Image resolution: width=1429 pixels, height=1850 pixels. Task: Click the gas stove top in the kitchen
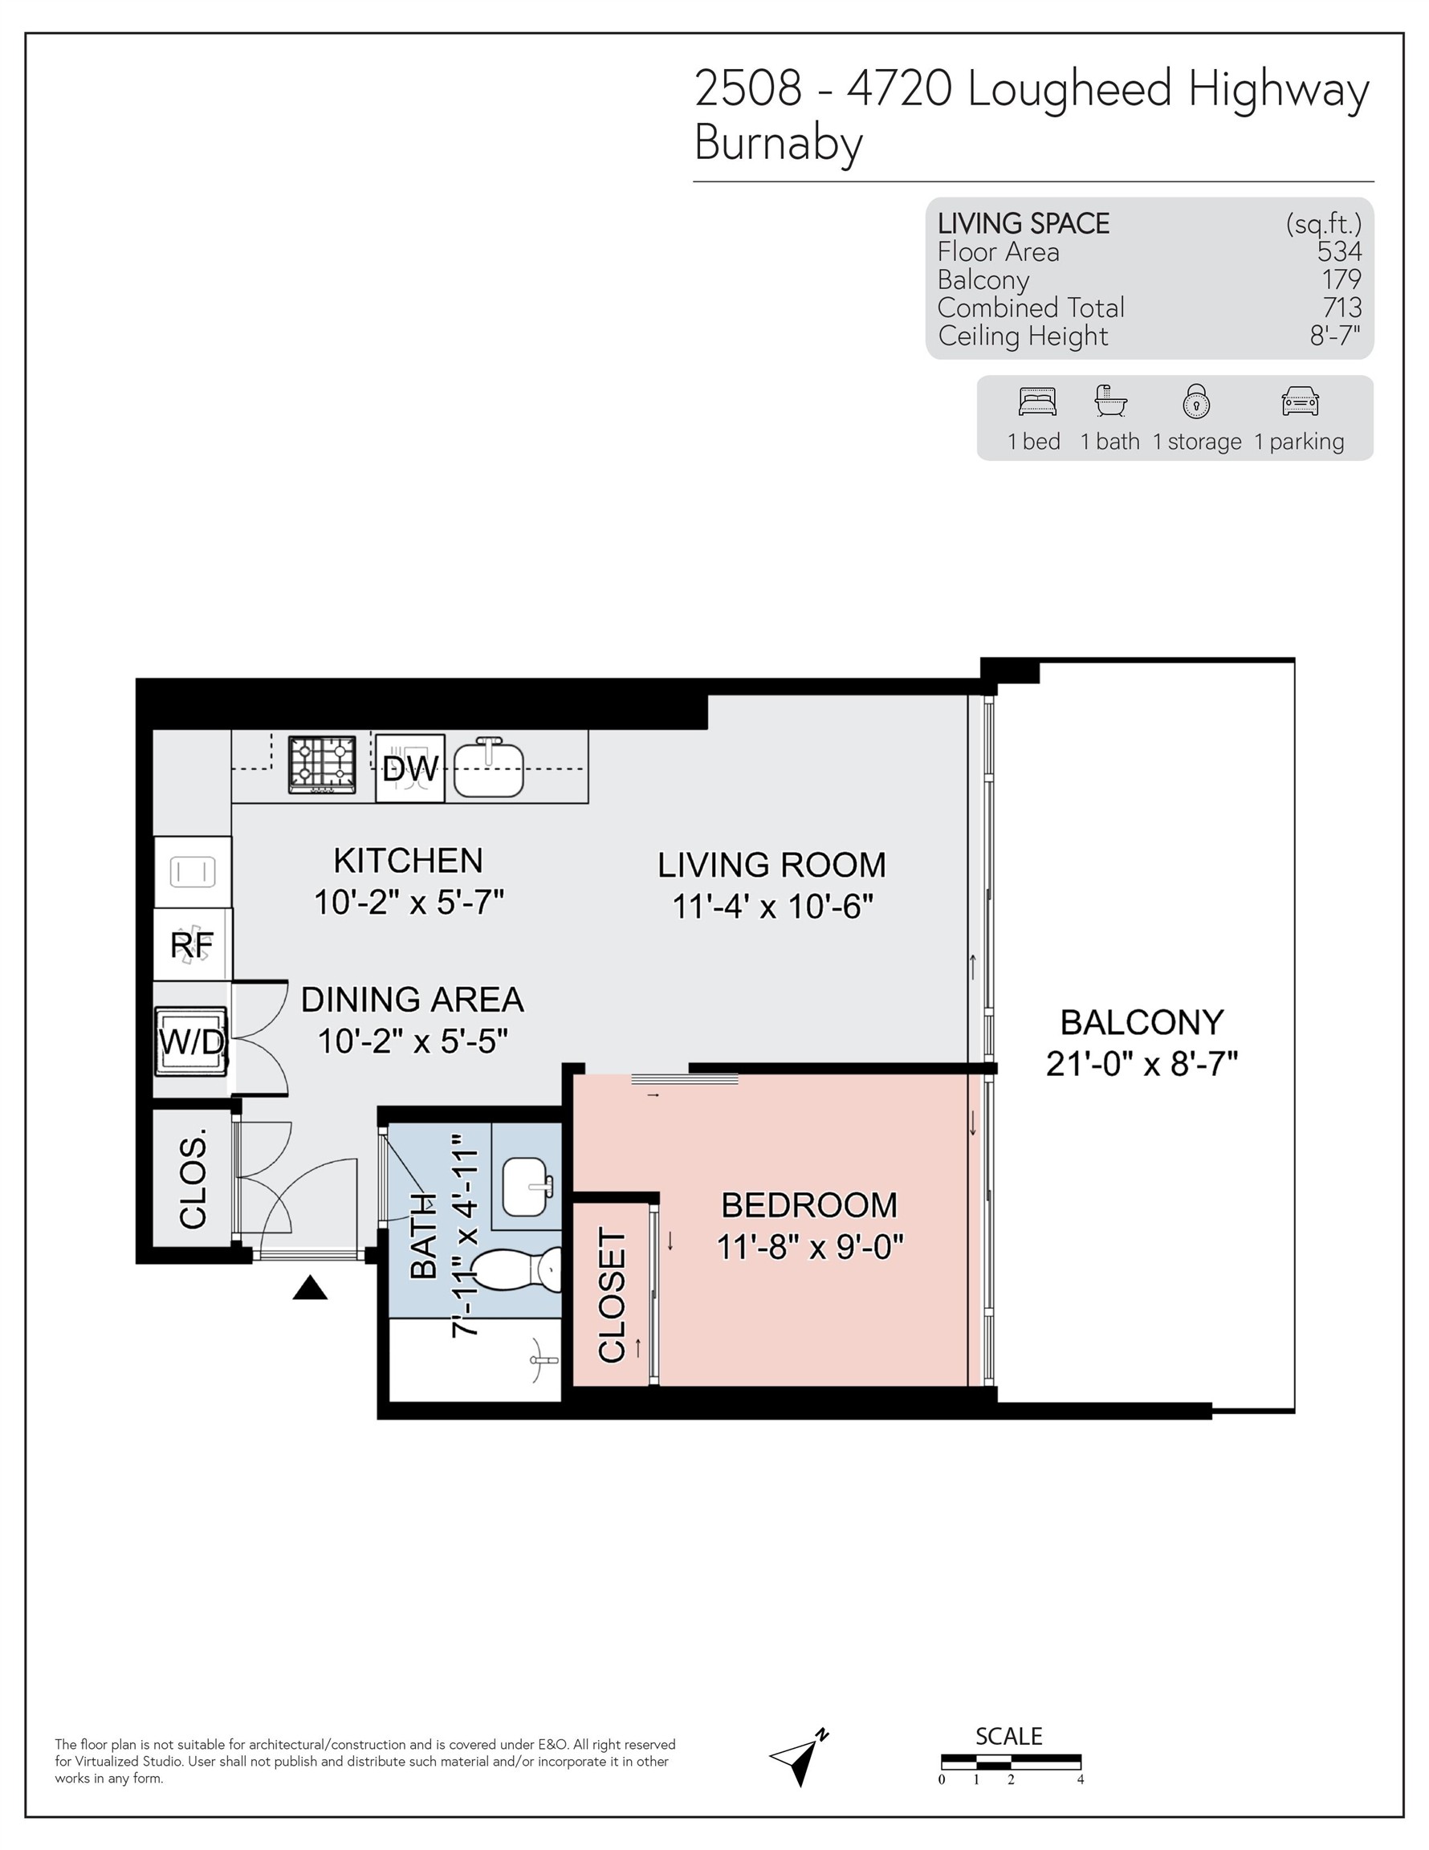(x=322, y=764)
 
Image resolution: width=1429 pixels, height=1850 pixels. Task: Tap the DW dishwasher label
(x=410, y=769)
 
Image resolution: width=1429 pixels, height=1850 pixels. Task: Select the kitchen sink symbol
(x=489, y=769)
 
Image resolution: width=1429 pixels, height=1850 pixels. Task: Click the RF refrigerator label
(x=193, y=945)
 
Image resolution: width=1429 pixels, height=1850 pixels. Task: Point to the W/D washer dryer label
(x=193, y=1042)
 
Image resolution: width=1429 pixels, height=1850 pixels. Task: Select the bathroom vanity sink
(x=526, y=1188)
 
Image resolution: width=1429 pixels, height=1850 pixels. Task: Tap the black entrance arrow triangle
(x=310, y=1289)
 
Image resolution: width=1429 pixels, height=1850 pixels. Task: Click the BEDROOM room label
(x=809, y=1205)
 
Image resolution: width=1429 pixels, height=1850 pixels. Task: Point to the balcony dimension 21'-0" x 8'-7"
(x=1141, y=1064)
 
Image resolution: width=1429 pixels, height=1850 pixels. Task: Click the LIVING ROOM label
(x=771, y=865)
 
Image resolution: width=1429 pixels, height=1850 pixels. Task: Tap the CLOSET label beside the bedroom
(x=612, y=1295)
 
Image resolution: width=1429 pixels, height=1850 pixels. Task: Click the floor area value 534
(x=1339, y=251)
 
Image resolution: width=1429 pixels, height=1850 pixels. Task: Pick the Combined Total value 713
(x=1341, y=308)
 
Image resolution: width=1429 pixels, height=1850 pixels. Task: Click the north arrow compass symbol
(x=800, y=1758)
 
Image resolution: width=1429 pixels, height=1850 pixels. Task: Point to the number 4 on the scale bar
(x=1080, y=1779)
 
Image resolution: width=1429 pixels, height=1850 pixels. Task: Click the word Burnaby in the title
(x=778, y=143)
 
